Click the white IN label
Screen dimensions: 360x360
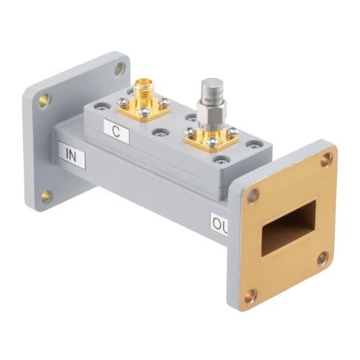pos(73,156)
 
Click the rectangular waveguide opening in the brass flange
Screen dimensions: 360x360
pos(287,228)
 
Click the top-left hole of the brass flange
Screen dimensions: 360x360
pos(253,194)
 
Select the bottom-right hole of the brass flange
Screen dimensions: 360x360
pos(323,258)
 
